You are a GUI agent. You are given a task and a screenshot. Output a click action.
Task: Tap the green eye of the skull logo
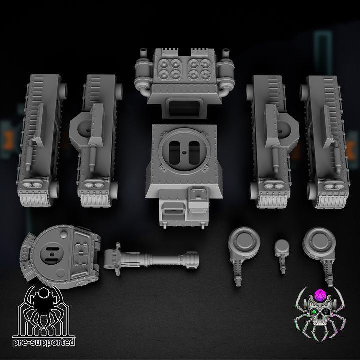click(313, 312)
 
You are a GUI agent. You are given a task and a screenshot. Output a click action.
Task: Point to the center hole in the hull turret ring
click(184, 152)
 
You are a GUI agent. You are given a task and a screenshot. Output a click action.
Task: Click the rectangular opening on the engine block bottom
click(185, 108)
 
